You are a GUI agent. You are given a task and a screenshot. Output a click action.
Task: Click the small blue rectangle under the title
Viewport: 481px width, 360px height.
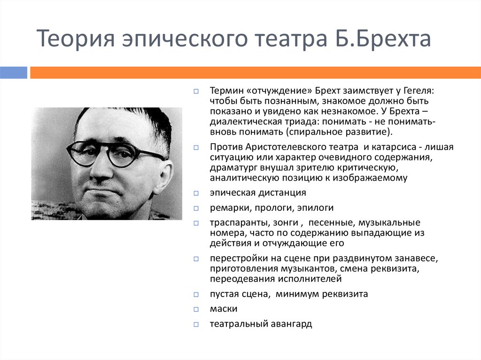(x=14, y=72)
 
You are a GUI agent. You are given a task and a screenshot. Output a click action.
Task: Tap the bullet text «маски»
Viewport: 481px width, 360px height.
(x=224, y=309)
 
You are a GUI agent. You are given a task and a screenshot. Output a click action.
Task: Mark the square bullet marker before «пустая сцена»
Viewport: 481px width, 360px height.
(x=196, y=295)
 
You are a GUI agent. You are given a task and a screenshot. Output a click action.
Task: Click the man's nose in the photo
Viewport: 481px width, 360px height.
(x=100, y=171)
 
